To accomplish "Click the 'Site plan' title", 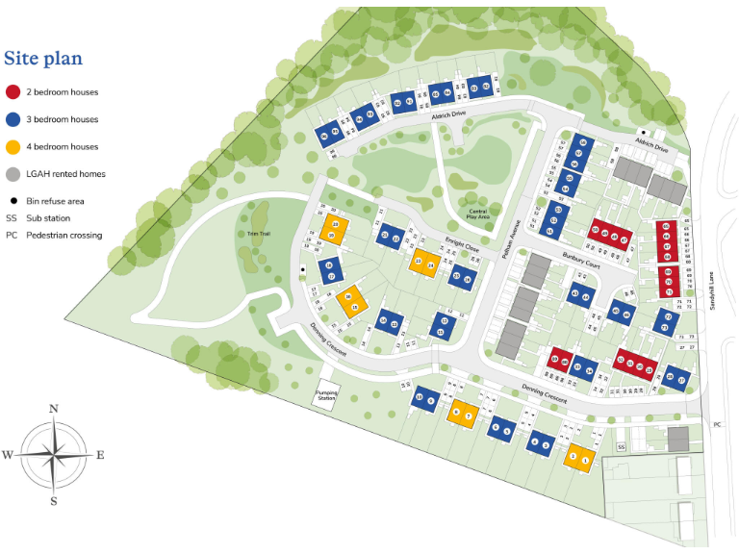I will pyautogui.click(x=43, y=59).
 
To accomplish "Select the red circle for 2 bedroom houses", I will pyautogui.click(x=13, y=92).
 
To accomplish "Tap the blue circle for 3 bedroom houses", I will pyautogui.click(x=13, y=120).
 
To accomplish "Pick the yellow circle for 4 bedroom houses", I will pyautogui.click(x=13, y=147).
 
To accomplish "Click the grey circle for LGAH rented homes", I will pyautogui.click(x=13, y=174).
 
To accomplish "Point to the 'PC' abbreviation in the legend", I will pyautogui.click(x=12, y=235).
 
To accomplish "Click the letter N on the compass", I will pyautogui.click(x=54, y=409).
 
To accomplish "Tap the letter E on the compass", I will pyautogui.click(x=100, y=455).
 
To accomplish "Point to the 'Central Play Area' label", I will pyautogui.click(x=478, y=214).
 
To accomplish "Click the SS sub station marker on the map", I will pyautogui.click(x=622, y=447).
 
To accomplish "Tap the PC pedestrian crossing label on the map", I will pyautogui.click(x=717, y=424).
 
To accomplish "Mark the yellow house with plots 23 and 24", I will pyautogui.click(x=424, y=264).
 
